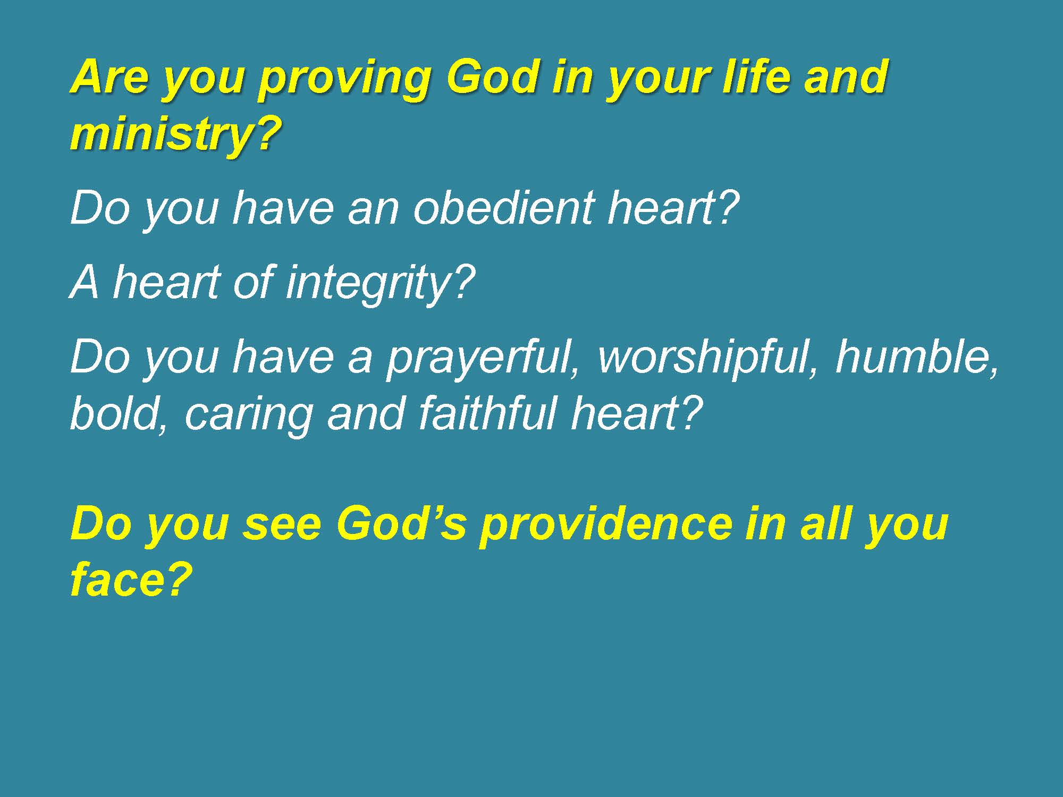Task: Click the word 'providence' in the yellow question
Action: click(604, 527)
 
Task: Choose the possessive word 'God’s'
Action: click(401, 524)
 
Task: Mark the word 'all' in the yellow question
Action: click(824, 524)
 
